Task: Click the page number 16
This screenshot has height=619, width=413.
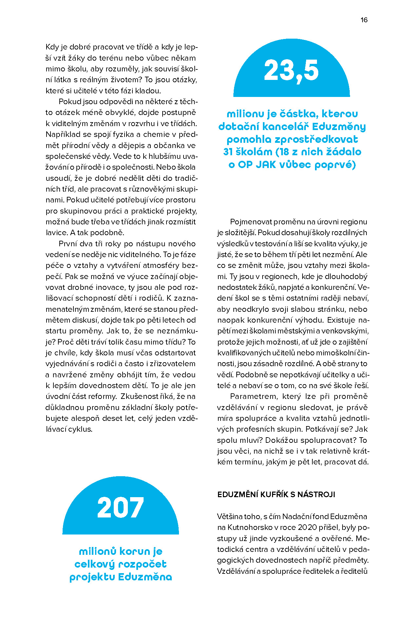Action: pos(364,20)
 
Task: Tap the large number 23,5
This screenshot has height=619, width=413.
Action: pos(291,70)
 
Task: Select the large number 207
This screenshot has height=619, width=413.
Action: pos(120,508)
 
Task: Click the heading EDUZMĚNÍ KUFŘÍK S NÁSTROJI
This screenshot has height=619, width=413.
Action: pos(276,495)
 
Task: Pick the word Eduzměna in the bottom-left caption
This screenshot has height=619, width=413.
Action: pos(145,577)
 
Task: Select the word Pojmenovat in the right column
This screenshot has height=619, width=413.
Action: pos(250,222)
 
